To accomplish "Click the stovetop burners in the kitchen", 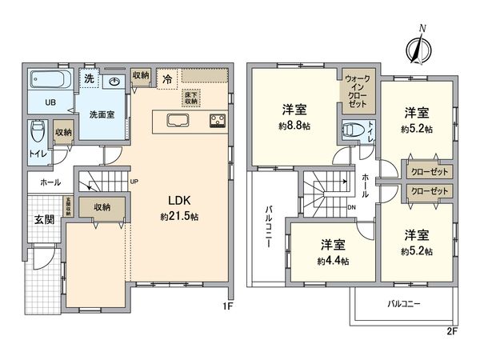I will tap(216, 121).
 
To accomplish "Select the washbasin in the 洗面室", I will tap(114, 82).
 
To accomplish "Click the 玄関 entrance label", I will tap(43, 220).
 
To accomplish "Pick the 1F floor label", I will tap(226, 306).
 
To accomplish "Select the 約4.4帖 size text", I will tap(330, 261).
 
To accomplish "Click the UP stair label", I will tap(134, 182).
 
